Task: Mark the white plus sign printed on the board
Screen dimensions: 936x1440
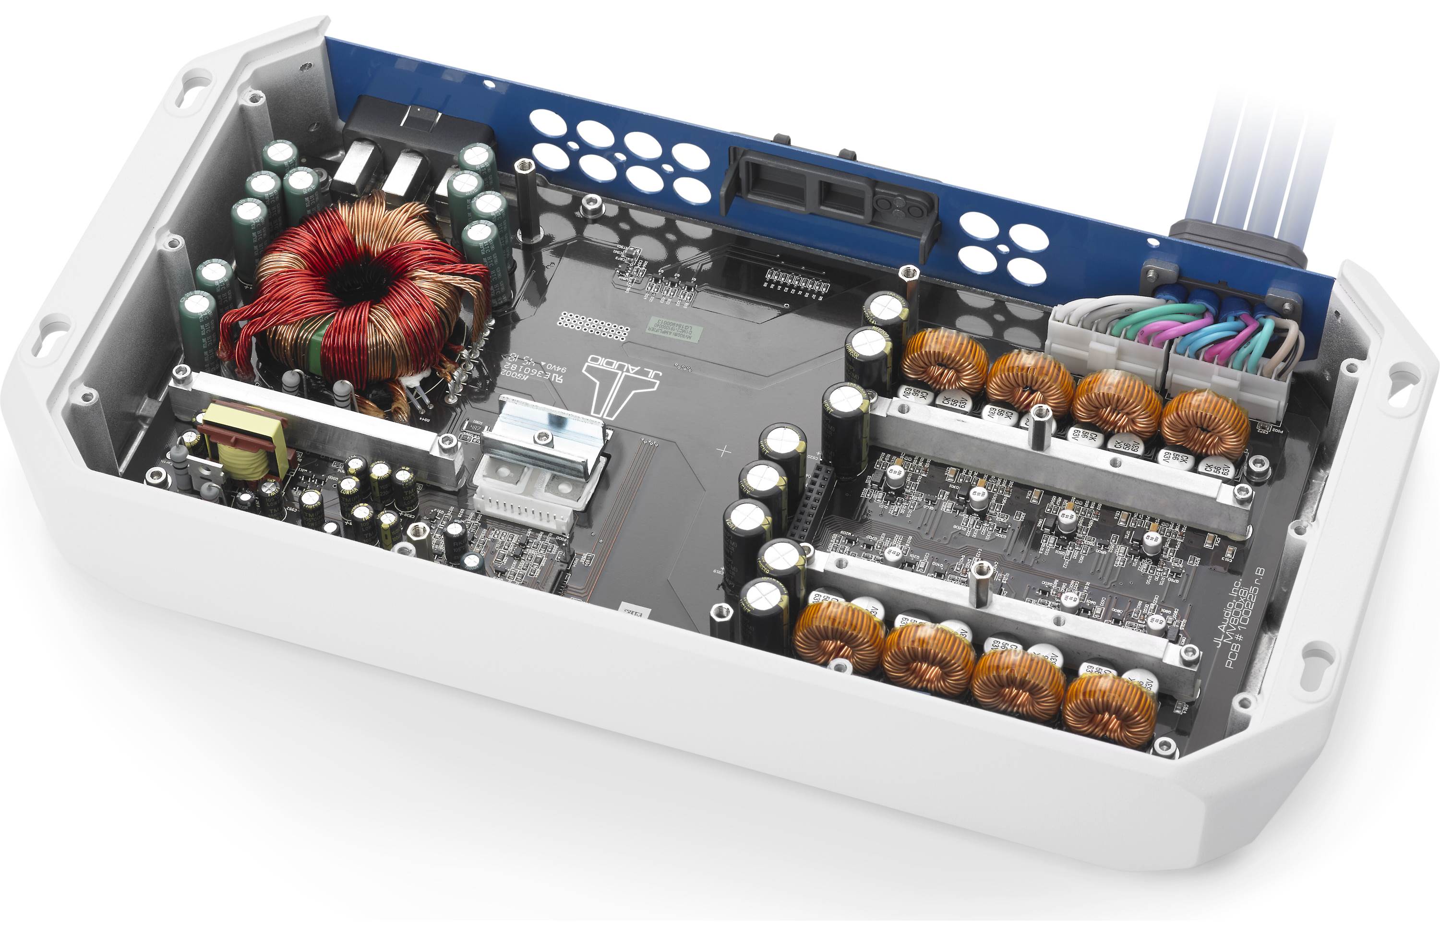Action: (x=724, y=451)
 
